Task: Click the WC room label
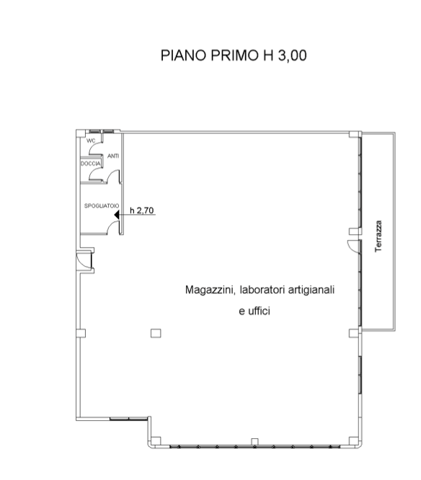[91, 141]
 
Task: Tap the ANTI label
[113, 156]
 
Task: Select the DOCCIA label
[91, 164]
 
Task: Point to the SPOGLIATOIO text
[102, 206]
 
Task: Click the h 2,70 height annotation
[142, 210]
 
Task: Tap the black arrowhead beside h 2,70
[117, 215]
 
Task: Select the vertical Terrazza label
[378, 236]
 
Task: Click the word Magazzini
[210, 290]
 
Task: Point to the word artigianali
[311, 290]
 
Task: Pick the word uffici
[259, 311]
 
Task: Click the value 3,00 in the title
[293, 55]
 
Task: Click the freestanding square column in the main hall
[156, 333]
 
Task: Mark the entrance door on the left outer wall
[84, 260]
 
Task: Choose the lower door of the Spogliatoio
[112, 227]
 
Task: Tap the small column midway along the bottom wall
[254, 442]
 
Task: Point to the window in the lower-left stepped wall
[128, 419]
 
